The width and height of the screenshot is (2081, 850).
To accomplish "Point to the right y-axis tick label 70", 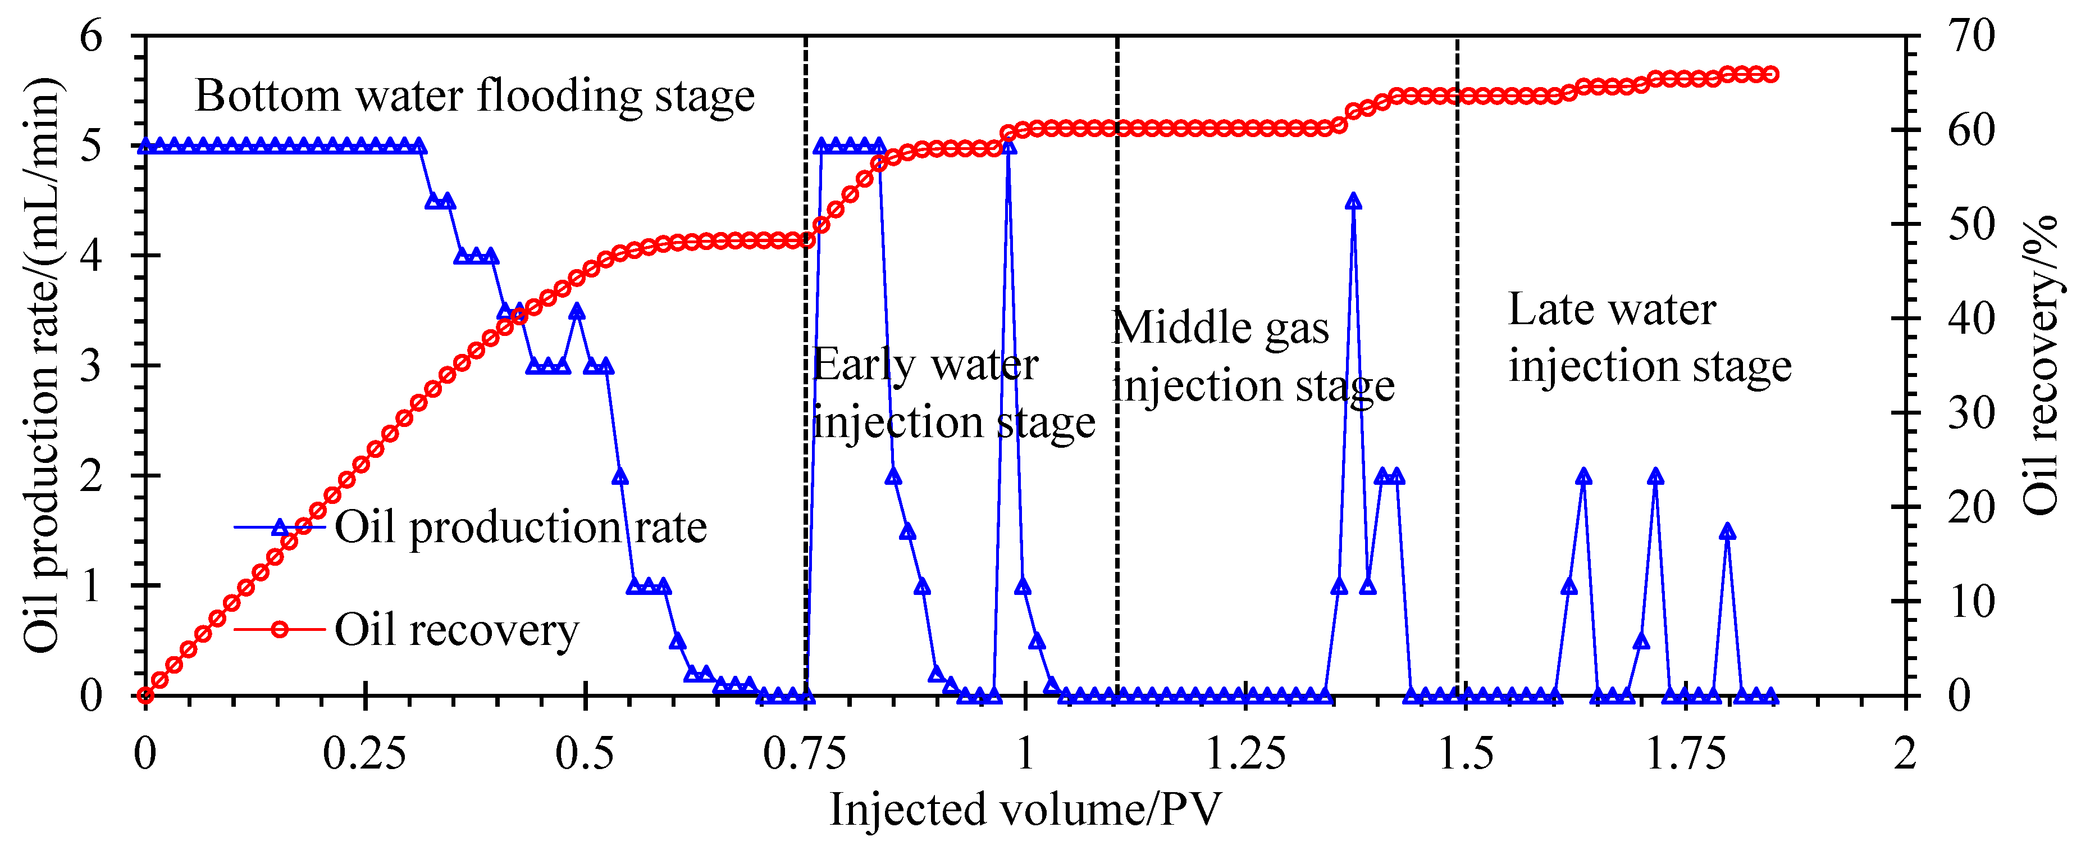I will coord(1971,37).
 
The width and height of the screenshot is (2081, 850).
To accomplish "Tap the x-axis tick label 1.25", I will coord(1245,754).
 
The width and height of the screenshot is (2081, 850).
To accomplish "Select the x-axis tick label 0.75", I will coord(805,754).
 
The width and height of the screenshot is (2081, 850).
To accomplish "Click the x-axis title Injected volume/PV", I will coord(1025,810).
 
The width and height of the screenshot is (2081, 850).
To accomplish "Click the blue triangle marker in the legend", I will coord(280,528).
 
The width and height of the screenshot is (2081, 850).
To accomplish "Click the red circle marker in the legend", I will coord(280,629).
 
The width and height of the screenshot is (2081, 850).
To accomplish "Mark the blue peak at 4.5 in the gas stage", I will coord(1354,201).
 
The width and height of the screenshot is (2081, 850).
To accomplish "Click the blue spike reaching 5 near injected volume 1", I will coord(1008,147).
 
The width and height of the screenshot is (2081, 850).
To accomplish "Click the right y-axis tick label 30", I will coord(1971,413).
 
